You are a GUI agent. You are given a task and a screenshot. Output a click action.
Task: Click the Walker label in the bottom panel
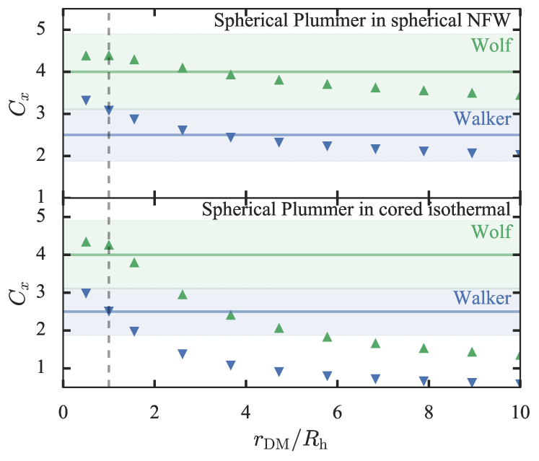[x=483, y=298]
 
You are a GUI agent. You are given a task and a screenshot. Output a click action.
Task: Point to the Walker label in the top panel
[x=483, y=119]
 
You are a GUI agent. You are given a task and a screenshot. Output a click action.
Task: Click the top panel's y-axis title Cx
[x=22, y=105]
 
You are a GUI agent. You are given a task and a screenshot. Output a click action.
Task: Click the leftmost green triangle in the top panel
[x=87, y=56]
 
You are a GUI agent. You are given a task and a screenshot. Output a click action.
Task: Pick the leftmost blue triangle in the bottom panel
[x=87, y=293]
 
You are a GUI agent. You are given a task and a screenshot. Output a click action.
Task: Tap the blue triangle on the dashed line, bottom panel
[x=109, y=312]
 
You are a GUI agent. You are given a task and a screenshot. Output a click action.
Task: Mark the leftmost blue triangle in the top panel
[x=87, y=100]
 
